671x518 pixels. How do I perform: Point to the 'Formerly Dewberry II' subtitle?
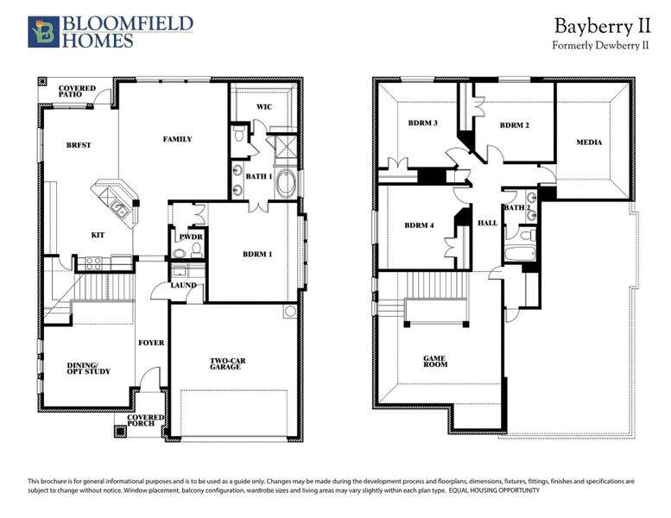click(600, 45)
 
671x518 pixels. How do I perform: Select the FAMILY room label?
click(177, 139)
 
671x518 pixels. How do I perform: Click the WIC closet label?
click(264, 107)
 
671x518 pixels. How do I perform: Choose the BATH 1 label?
click(259, 176)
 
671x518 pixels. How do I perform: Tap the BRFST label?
click(79, 145)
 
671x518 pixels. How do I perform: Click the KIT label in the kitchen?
click(98, 234)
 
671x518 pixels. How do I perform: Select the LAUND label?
click(183, 285)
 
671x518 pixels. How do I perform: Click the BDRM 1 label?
click(258, 255)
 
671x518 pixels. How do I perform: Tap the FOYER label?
click(151, 343)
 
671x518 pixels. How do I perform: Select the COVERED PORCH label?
click(145, 422)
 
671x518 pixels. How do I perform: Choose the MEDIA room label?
click(589, 142)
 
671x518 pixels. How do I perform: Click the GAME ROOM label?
click(435, 361)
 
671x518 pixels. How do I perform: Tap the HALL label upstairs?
click(487, 223)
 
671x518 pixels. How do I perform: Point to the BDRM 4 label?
click(421, 226)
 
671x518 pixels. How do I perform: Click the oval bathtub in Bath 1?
click(289, 183)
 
